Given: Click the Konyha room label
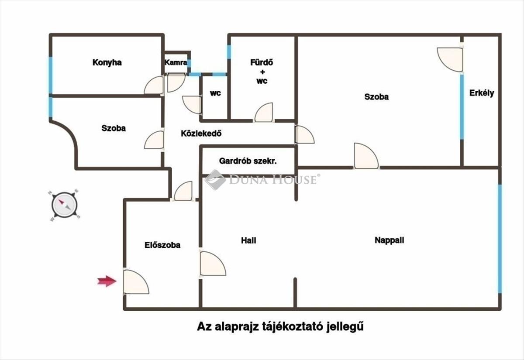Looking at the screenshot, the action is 107,63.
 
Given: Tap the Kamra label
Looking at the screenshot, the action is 176,62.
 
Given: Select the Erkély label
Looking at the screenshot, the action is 482,93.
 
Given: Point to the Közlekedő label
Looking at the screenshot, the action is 201,134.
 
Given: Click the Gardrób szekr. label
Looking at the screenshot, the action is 248,161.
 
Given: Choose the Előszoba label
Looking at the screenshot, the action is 162,245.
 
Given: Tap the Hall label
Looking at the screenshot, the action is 248,240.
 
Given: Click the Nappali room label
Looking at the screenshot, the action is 389,240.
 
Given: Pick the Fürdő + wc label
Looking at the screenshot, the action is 262,72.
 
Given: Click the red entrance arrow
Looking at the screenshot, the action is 107,281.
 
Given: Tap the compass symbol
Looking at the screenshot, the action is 64,205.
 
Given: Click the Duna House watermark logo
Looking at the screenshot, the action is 262,179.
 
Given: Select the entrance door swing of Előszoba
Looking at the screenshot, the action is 136,282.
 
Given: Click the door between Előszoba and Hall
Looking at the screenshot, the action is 212,264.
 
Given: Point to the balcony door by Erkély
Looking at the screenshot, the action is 450,59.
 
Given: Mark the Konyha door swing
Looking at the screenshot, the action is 154,85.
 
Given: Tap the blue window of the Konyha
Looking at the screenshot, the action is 51,75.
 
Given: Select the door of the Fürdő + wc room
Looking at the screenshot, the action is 264,112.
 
